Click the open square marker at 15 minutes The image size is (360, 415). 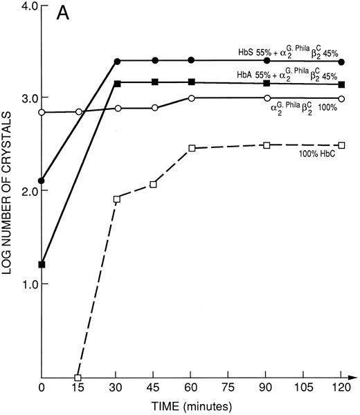click(78, 378)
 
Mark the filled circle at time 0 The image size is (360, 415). click(42, 181)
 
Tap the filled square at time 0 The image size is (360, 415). click(42, 264)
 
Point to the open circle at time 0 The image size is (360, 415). click(42, 112)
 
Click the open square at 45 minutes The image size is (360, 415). click(154, 184)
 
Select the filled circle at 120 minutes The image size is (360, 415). click(341, 62)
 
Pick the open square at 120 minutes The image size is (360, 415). click(341, 145)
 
